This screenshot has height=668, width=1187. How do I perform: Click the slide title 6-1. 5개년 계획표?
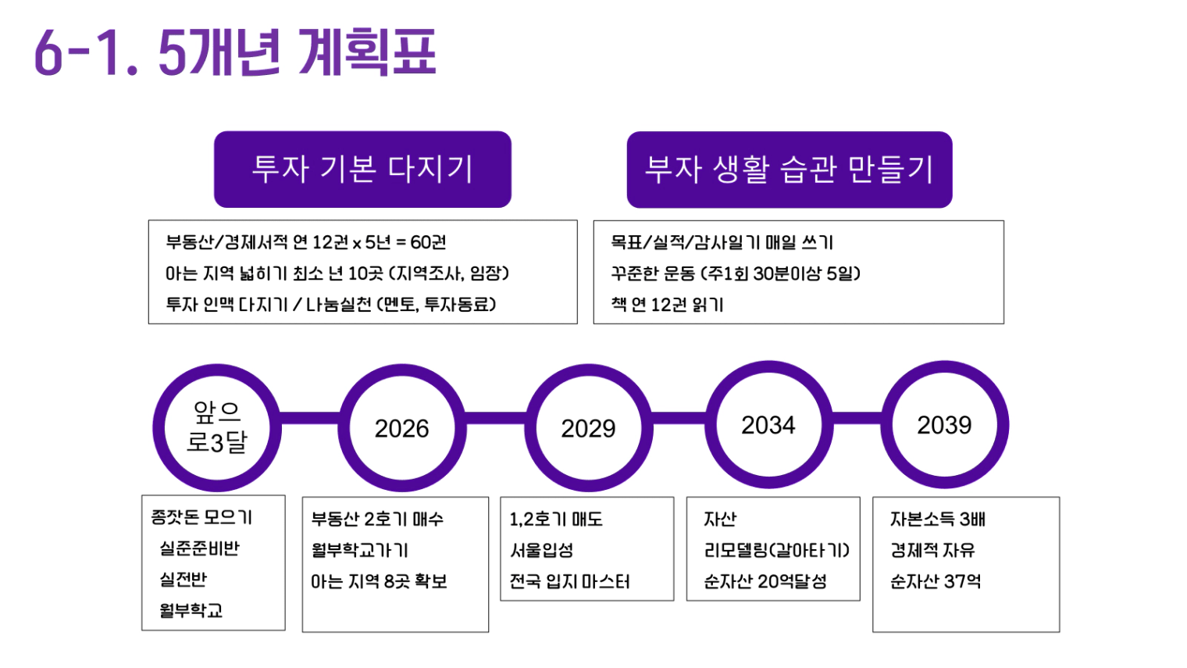[235, 52]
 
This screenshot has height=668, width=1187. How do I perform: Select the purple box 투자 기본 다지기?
[362, 169]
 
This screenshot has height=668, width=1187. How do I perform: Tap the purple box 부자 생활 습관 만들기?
[790, 170]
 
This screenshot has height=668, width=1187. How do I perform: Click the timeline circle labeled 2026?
[402, 428]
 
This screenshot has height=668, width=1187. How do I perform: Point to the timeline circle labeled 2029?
[589, 428]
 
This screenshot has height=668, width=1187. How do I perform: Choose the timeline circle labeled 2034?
[769, 425]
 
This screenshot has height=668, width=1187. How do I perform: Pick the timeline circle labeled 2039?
[945, 425]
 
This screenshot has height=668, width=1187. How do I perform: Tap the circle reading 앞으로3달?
[217, 428]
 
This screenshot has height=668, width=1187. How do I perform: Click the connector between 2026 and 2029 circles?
[496, 418]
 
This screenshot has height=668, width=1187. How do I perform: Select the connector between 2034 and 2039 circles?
[857, 418]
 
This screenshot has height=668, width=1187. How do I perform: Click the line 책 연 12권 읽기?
[667, 305]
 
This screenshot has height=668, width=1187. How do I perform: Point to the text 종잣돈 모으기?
[201, 517]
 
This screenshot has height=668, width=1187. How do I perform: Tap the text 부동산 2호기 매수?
[377, 519]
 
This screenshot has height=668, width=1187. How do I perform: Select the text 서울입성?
[542, 550]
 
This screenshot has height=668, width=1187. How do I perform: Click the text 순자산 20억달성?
[765, 581]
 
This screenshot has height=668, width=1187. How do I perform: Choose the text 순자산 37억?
[936, 581]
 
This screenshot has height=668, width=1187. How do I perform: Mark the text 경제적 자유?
[932, 550]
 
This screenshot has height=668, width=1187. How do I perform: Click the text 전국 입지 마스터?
[569, 581]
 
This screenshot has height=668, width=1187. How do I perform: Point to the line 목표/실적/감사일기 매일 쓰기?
[722, 242]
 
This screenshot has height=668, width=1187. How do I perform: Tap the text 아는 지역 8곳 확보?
[379, 581]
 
